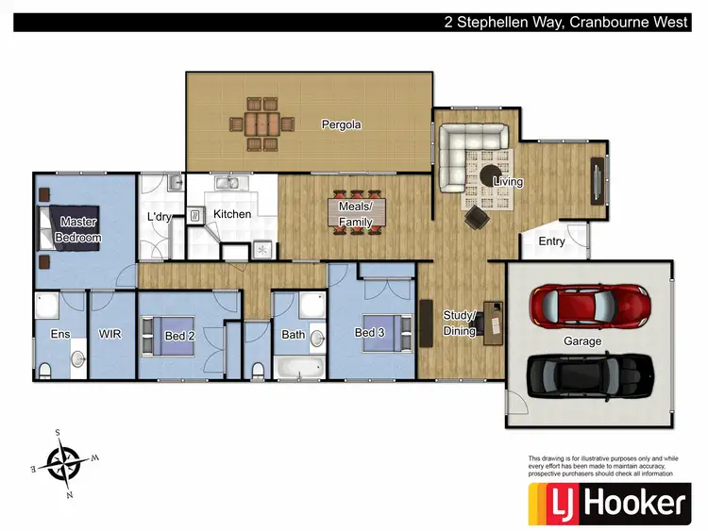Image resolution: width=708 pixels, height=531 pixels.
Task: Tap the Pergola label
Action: click(x=340, y=124)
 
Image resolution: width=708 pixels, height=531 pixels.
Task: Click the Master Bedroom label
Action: click(x=78, y=229)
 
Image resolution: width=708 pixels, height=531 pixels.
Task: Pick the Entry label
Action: click(x=551, y=241)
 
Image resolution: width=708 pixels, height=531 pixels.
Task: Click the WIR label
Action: click(x=110, y=333)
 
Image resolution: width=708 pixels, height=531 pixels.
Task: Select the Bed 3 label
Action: click(x=369, y=332)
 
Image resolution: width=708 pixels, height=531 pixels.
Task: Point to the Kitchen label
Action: click(x=232, y=214)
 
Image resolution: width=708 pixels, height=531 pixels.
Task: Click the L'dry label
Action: click(x=158, y=218)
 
